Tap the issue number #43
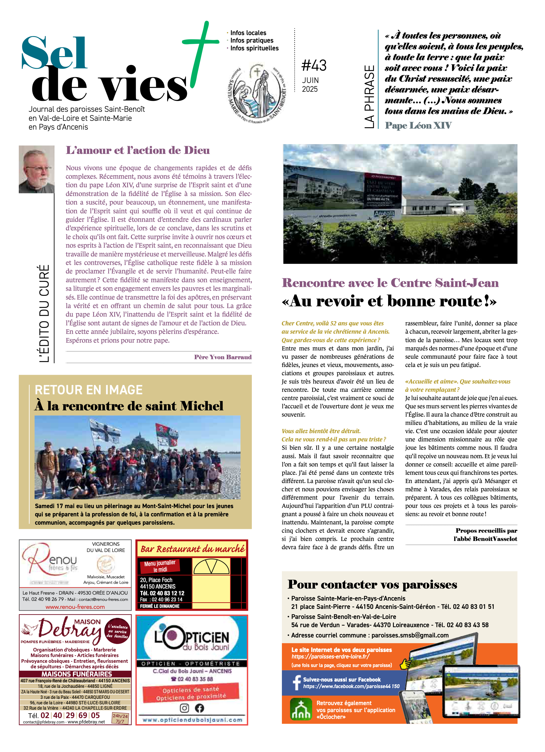click(x=314, y=65)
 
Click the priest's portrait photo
click(x=37, y=169)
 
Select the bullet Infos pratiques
click(x=252, y=40)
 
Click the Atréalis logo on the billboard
click(x=384, y=214)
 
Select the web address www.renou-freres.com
click(x=75, y=607)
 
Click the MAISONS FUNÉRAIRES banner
click(x=77, y=674)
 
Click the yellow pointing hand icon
click(x=405, y=664)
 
